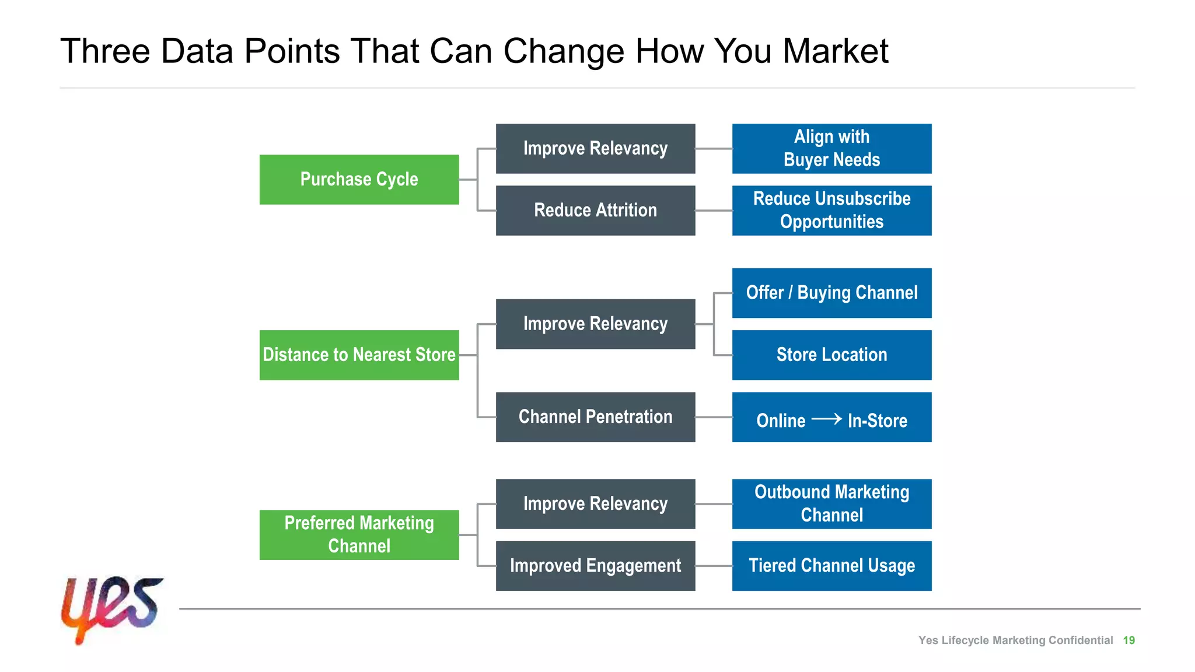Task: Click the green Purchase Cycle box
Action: pos(359,179)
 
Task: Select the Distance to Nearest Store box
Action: pos(359,355)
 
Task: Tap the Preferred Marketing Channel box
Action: pos(359,534)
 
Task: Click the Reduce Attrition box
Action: pos(595,210)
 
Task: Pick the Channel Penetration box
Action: pos(595,416)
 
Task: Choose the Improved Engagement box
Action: pos(595,565)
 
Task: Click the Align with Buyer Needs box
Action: pos(831,148)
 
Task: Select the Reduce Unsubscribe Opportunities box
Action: pos(831,210)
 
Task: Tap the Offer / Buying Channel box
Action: pos(831,293)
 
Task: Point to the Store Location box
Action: pos(831,355)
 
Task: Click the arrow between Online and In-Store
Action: pos(826,419)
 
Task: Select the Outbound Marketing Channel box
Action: pos(831,503)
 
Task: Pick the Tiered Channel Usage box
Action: pos(831,565)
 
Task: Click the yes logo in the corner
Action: pos(111,608)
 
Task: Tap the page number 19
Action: pos(1128,640)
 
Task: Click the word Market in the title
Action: pos(835,51)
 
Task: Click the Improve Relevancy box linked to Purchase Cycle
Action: pos(595,148)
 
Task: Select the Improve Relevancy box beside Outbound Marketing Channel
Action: pos(595,503)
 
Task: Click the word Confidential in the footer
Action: pos(1080,640)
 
